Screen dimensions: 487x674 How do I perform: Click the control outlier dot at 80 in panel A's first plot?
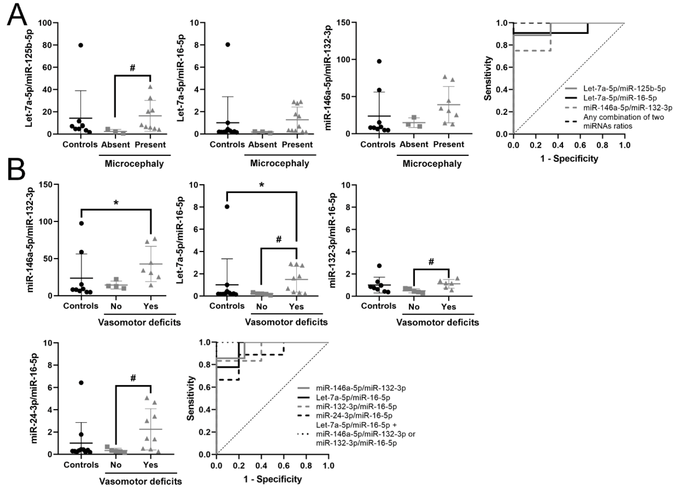(x=81, y=45)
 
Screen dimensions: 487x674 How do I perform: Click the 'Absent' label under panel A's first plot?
(x=116, y=145)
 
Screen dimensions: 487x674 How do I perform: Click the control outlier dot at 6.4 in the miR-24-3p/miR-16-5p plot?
(x=81, y=383)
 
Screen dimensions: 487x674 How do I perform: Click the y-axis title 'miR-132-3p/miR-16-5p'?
(x=333, y=240)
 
